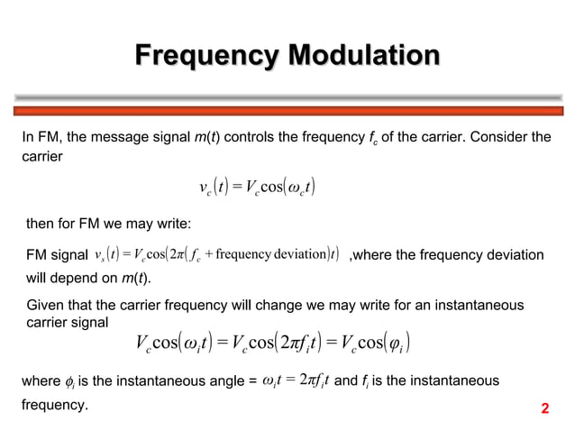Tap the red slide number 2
point(544,410)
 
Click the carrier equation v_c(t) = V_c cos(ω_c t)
point(258,188)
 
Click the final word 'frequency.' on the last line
point(55,406)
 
